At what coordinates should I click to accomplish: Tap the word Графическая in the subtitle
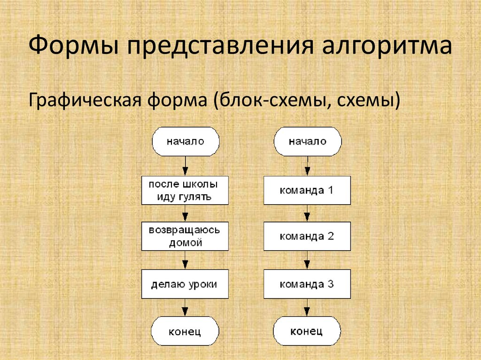(85, 100)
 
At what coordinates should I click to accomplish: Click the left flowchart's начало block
(185, 141)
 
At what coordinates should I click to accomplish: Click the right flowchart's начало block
(307, 141)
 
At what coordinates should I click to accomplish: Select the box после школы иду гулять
(185, 190)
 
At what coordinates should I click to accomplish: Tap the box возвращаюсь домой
(185, 237)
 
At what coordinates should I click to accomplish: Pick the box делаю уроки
(185, 284)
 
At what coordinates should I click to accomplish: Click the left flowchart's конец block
(185, 331)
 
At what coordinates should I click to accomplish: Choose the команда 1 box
(307, 190)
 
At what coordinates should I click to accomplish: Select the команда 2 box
(307, 237)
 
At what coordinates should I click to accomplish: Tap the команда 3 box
(307, 284)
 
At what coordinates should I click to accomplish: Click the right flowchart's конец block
(307, 331)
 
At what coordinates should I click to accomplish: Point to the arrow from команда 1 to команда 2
(307, 214)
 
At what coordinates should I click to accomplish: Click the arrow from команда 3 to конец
(307, 307)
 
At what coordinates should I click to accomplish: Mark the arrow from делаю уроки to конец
(185, 307)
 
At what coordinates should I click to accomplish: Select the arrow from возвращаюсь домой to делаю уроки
(185, 260)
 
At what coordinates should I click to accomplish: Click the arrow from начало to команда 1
(307, 166)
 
